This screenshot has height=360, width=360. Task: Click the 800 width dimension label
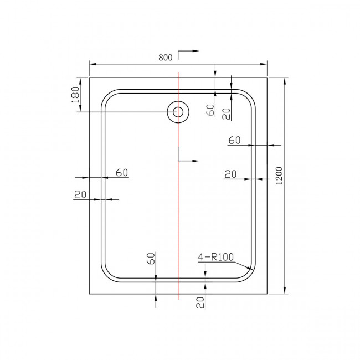tap(166, 56)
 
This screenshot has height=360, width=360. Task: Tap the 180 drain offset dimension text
tap(76, 94)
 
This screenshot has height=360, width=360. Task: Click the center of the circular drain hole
tap(178, 112)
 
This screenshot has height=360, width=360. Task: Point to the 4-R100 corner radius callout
tap(216, 258)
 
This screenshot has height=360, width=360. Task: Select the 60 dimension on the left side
tap(122, 172)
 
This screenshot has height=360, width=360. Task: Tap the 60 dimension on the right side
tap(234, 140)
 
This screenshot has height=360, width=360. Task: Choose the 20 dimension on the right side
tap(230, 174)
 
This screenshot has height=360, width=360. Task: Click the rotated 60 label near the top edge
tap(210, 110)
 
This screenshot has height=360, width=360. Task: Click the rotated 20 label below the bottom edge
tap(200, 302)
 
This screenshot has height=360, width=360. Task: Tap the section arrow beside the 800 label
tap(188, 52)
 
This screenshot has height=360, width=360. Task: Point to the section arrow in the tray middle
tap(188, 161)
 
